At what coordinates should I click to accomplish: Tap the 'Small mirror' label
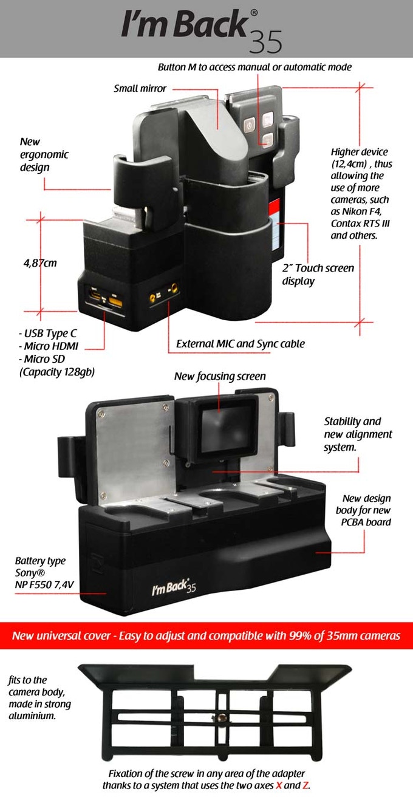click(x=140, y=89)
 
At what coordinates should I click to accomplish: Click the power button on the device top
click(x=248, y=126)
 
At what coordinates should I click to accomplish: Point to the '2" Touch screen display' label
click(x=318, y=275)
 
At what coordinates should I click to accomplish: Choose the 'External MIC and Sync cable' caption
click(x=241, y=344)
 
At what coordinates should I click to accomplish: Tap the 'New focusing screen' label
click(x=220, y=377)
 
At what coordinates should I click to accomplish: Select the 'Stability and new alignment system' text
click(x=358, y=434)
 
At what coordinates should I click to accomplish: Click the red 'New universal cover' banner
click(x=206, y=636)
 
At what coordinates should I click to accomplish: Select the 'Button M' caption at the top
click(x=254, y=67)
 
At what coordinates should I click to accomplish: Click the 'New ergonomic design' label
click(x=44, y=154)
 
